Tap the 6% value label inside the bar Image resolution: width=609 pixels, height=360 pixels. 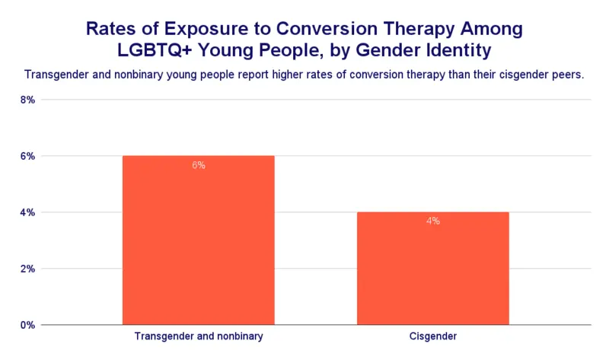tap(199, 165)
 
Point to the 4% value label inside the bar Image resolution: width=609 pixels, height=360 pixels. tap(432, 221)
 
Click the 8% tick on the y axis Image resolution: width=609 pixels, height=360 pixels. tap(27, 100)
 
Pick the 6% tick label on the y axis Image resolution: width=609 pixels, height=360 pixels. tap(27, 156)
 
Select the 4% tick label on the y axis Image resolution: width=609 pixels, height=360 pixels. tap(27, 212)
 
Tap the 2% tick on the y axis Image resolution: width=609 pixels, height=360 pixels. tap(27, 269)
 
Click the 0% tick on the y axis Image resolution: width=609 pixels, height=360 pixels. tap(27, 325)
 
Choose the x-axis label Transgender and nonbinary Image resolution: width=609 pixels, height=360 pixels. tap(199, 336)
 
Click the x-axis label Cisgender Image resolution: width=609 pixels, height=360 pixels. tap(432, 336)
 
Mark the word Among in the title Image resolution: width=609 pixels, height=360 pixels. tap(493, 30)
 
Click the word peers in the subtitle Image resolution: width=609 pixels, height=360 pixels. tap(567, 75)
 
